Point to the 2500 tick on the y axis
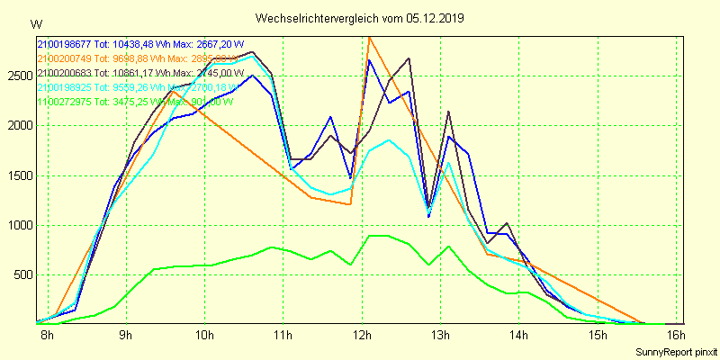click(20, 76)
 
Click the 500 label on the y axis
click(22, 274)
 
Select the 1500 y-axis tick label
click(20, 175)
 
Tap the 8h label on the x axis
click(47, 337)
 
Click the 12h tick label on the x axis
click(363, 337)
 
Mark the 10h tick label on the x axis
click(204, 337)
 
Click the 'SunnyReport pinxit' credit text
click(675, 352)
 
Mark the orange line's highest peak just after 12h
click(369, 37)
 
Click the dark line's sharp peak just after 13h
click(448, 112)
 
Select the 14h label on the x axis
click(520, 337)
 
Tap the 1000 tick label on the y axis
click(20, 225)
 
